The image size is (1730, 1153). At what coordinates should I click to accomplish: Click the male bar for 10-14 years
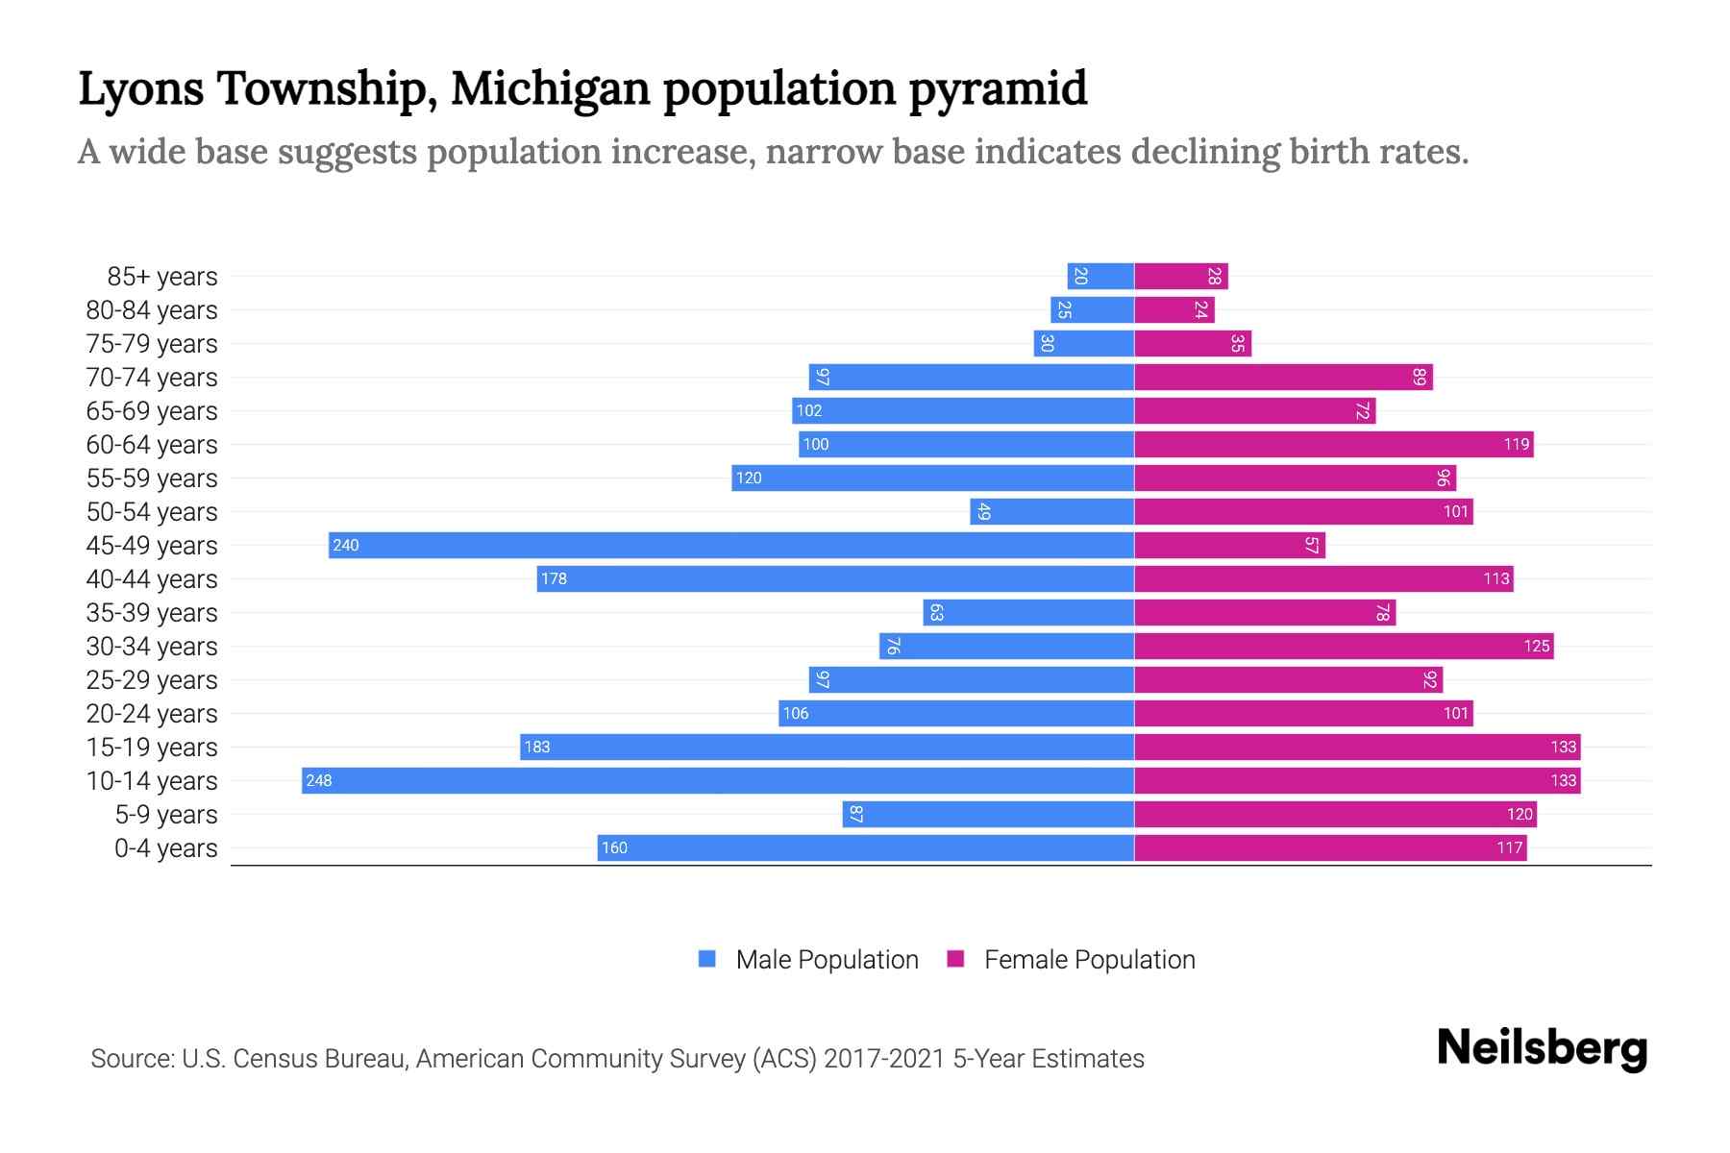pyautogui.click(x=718, y=780)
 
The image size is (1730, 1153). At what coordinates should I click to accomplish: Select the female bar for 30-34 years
pyautogui.click(x=1344, y=646)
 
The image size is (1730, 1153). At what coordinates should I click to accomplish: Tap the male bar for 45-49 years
pyautogui.click(x=730, y=545)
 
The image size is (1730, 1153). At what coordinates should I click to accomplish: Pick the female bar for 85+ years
pyautogui.click(x=1181, y=276)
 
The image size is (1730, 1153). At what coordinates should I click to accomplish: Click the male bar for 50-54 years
pyautogui.click(x=1052, y=511)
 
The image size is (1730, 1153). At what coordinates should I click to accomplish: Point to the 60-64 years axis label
pyautogui.click(x=152, y=445)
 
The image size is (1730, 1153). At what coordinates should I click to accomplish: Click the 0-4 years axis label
pyautogui.click(x=165, y=848)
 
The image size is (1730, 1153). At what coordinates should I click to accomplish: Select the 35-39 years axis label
pyautogui.click(x=152, y=613)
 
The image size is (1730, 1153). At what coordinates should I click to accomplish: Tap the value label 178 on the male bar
pyautogui.click(x=554, y=578)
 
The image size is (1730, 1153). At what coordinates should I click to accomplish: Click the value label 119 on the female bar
pyautogui.click(x=1516, y=444)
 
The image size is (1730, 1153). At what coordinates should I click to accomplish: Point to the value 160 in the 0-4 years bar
pyautogui.click(x=614, y=847)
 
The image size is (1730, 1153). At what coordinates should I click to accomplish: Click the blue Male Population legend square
pyautogui.click(x=707, y=959)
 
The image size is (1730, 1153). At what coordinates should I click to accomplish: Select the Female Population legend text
pyautogui.click(x=1089, y=960)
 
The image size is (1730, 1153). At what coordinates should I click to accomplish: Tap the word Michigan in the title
pyautogui.click(x=551, y=89)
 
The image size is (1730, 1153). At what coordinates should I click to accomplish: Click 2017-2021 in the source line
pyautogui.click(x=884, y=1059)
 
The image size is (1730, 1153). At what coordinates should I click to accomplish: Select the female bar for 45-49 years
pyautogui.click(x=1229, y=545)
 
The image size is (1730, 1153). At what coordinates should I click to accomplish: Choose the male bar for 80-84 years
pyautogui.click(x=1092, y=309)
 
